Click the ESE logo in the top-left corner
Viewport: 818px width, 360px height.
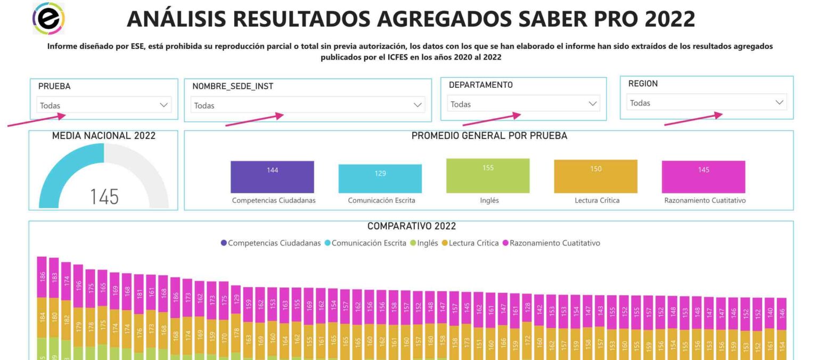tap(48, 18)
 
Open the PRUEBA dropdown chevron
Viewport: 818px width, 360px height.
tap(163, 105)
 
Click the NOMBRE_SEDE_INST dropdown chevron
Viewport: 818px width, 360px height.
tap(418, 105)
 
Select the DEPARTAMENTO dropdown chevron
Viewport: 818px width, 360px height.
tap(593, 104)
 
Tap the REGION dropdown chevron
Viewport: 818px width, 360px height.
tap(780, 102)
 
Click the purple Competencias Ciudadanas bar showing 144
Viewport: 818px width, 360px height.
tap(272, 177)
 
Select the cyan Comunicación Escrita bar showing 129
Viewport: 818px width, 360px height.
tap(380, 178)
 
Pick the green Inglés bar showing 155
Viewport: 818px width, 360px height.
tap(488, 176)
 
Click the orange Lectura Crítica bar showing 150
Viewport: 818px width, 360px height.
tap(595, 176)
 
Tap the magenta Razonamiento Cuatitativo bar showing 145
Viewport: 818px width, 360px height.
tap(703, 177)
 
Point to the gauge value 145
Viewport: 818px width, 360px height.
tap(104, 197)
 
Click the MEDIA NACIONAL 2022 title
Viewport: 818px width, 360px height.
tap(104, 136)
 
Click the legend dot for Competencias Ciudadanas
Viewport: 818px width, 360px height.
tap(224, 243)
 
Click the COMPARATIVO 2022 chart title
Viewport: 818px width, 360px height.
tap(411, 226)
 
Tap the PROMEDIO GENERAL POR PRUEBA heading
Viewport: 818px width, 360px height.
tap(489, 136)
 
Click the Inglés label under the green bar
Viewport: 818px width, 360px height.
tap(489, 201)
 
